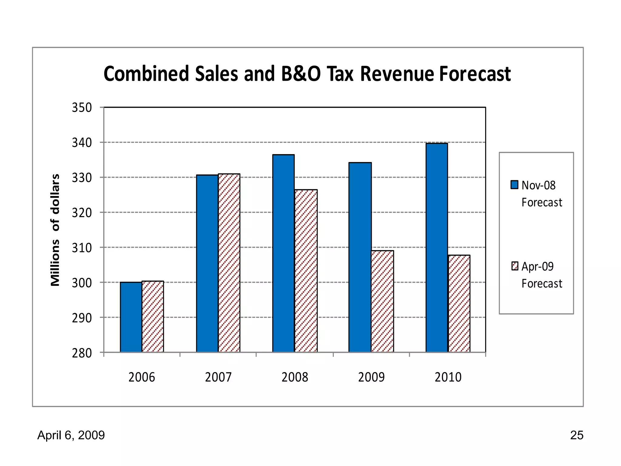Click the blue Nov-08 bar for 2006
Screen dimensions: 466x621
click(x=131, y=317)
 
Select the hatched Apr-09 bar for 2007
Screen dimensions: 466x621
click(x=229, y=263)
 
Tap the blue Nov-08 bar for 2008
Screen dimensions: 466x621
click(x=284, y=253)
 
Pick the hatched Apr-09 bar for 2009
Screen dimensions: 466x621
click(x=382, y=301)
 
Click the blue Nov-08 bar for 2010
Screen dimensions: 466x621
click(x=437, y=248)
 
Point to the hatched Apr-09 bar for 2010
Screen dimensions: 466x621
click(x=459, y=303)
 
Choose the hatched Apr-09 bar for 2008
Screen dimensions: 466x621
click(x=306, y=271)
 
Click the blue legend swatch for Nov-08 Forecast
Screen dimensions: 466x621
click(x=514, y=185)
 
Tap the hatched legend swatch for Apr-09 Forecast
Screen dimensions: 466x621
click(x=515, y=266)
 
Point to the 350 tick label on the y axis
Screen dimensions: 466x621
click(x=82, y=108)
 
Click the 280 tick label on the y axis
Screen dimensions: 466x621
click(x=82, y=353)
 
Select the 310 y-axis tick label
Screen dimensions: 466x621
click(x=82, y=248)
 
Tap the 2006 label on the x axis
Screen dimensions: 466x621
click(x=142, y=377)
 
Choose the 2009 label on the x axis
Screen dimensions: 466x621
click(x=371, y=377)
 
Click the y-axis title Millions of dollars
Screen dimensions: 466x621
click(x=55, y=230)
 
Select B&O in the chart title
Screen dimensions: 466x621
click(x=301, y=74)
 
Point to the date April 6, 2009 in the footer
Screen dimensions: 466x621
click(x=71, y=435)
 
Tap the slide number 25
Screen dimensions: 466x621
click(x=576, y=435)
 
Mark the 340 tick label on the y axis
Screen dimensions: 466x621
click(x=82, y=143)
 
